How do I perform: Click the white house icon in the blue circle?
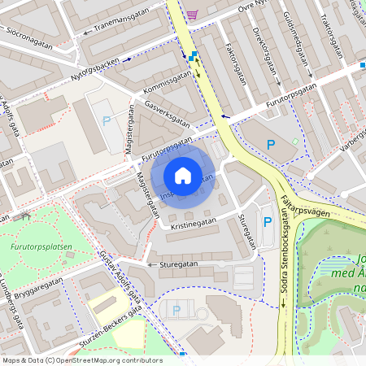pos(183,176)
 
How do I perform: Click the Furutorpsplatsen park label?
pos(42,246)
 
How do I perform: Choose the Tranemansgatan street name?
pos(122,26)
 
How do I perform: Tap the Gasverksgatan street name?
pos(167,115)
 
